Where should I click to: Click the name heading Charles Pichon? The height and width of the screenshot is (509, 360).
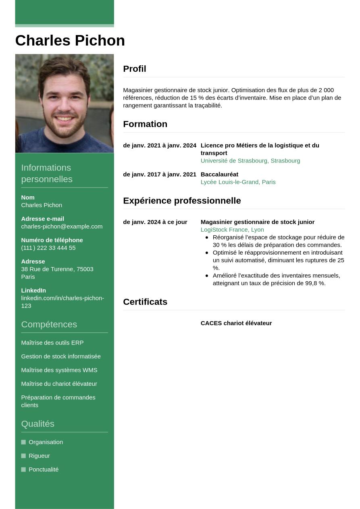[70, 41]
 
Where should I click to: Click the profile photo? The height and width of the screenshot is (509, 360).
[65, 104]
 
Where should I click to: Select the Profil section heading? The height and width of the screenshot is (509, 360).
[135, 69]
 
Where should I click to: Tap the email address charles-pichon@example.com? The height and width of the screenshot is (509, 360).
[62, 226]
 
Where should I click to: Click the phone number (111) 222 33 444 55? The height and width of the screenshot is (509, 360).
[48, 248]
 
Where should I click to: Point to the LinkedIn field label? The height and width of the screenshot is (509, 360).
[33, 291]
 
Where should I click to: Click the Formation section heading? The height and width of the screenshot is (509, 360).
[145, 124]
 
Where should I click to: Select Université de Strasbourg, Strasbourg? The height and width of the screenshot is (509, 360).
[250, 161]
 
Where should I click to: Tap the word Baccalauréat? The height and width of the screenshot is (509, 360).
[219, 175]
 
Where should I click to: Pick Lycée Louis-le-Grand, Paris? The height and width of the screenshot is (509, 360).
[238, 182]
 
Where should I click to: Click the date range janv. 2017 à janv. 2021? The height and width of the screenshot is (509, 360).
[160, 175]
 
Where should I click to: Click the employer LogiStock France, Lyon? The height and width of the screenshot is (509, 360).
[232, 230]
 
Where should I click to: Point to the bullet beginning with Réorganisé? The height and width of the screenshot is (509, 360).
[278, 241]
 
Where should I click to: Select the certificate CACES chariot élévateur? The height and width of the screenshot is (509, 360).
[236, 323]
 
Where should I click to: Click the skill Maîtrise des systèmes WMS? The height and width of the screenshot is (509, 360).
[59, 370]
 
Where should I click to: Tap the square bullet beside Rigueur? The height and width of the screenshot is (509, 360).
[23, 456]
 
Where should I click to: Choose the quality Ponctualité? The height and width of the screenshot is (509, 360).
[44, 470]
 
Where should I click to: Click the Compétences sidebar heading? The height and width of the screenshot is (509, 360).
[49, 324]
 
